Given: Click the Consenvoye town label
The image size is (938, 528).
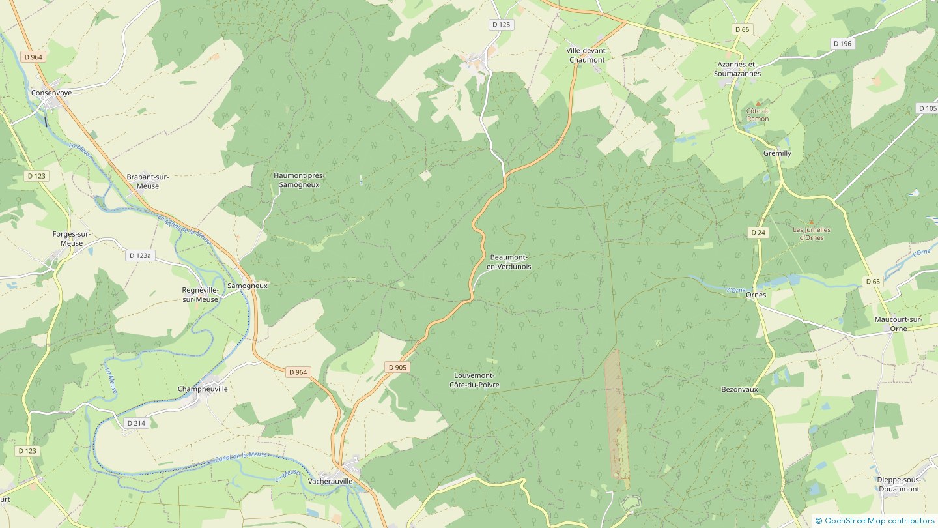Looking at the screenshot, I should tap(51, 93).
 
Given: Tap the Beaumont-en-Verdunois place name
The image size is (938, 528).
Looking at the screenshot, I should tap(509, 262).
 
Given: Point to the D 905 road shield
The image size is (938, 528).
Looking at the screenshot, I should tap(397, 367).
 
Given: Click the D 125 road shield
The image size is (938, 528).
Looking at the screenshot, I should tap(501, 24).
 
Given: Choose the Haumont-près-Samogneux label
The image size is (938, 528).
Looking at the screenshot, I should tap(299, 180).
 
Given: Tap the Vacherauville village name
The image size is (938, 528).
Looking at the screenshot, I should tap(330, 481).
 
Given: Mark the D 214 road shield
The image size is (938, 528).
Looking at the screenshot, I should tap(137, 423).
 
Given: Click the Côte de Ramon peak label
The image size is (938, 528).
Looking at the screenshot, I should tap(758, 115).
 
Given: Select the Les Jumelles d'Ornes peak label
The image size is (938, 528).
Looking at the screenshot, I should tap(811, 233).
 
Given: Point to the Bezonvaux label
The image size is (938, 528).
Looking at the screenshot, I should tap(739, 389).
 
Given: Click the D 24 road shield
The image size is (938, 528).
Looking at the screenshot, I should tap(758, 232).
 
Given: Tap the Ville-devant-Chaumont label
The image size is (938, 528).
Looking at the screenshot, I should tap(587, 55).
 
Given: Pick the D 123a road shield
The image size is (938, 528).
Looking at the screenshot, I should tap(139, 256).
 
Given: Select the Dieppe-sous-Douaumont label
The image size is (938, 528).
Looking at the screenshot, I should tap(898, 484).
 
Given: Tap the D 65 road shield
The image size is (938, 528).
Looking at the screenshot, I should tap(873, 282).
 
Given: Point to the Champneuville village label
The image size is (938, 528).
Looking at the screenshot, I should tap(203, 389).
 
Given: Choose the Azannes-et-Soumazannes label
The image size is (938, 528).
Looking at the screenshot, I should tap(739, 69).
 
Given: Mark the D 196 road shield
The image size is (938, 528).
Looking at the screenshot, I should tap(842, 43).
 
